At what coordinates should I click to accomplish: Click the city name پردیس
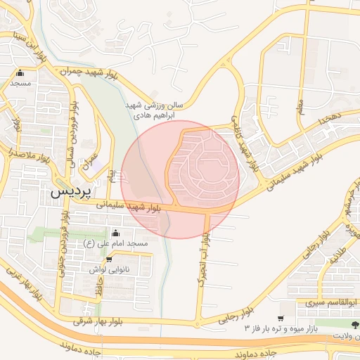coord(68,191)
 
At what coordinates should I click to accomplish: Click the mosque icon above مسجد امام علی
coord(116,233)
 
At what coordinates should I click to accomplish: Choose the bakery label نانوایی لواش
coord(108,269)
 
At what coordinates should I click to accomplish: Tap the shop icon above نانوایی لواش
coord(108,259)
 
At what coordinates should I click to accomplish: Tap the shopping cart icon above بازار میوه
coord(282,316)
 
